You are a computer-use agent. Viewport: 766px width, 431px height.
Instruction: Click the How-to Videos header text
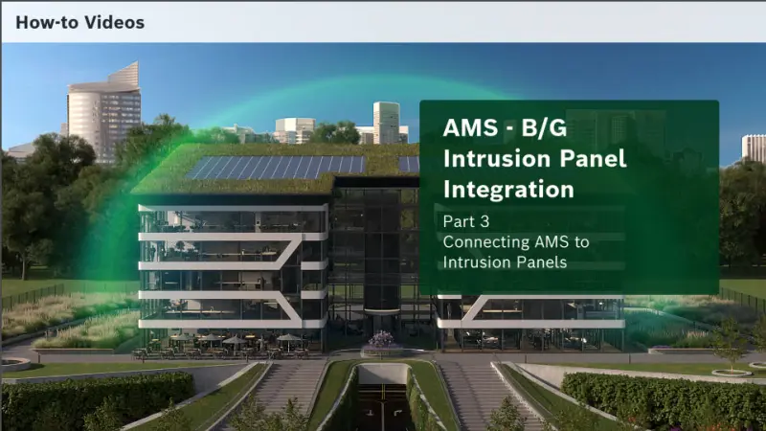click(79, 21)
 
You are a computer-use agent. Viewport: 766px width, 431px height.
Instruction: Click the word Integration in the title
click(508, 189)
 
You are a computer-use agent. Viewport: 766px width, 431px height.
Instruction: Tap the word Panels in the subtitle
click(539, 261)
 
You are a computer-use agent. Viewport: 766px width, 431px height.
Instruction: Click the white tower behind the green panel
click(387, 122)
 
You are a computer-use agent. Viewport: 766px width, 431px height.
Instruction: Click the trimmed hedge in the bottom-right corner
click(670, 397)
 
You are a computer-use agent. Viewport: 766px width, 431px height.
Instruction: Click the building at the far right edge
click(754, 148)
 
